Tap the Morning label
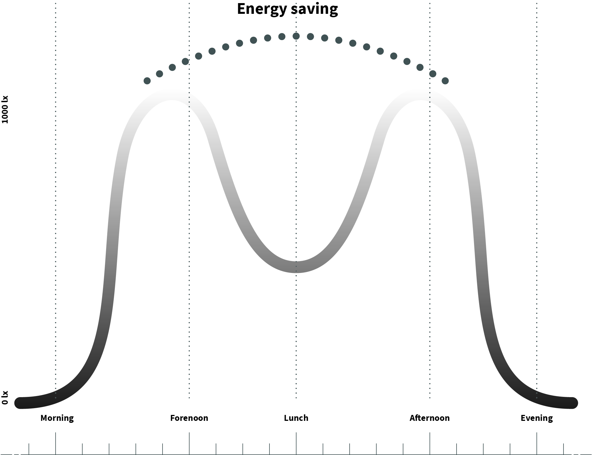click(x=57, y=418)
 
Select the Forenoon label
click(x=189, y=418)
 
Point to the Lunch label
click(x=296, y=418)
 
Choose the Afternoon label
click(x=429, y=418)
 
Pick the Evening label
click(x=536, y=418)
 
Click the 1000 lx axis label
click(x=5, y=110)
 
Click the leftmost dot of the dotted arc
click(x=147, y=81)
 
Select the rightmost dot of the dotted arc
click(x=445, y=81)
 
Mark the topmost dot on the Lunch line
click(x=296, y=36)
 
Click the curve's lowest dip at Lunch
click(x=296, y=267)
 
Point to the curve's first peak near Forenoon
click(x=171, y=95)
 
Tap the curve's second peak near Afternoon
click(x=420, y=95)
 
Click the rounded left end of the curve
click(x=20, y=403)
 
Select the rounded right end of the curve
click(x=572, y=403)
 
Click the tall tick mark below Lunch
click(x=296, y=443)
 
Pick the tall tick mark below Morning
click(x=56, y=443)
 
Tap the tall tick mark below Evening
click(x=537, y=443)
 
